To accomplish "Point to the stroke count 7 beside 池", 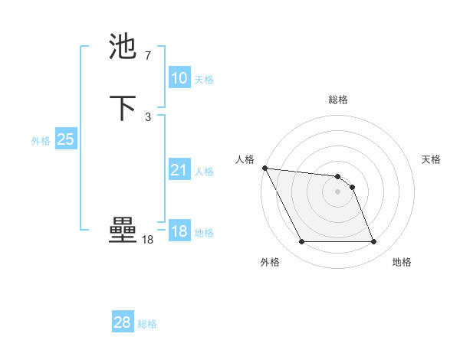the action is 147,56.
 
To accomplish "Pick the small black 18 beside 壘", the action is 147,240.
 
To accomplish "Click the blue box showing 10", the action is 179,78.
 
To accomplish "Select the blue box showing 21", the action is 179,170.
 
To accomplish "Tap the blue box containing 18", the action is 179,231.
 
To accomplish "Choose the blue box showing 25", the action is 65,139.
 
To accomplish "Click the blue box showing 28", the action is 122,323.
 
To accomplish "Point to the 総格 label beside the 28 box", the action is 147,324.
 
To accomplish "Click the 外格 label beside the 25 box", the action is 41,140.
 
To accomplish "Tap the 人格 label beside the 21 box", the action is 204,171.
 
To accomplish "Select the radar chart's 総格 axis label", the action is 338,100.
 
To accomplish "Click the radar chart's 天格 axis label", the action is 431,159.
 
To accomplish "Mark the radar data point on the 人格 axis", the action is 264,168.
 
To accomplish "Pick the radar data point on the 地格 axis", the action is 373,242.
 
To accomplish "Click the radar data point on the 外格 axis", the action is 301,242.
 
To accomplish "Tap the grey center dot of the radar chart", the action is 337,191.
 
